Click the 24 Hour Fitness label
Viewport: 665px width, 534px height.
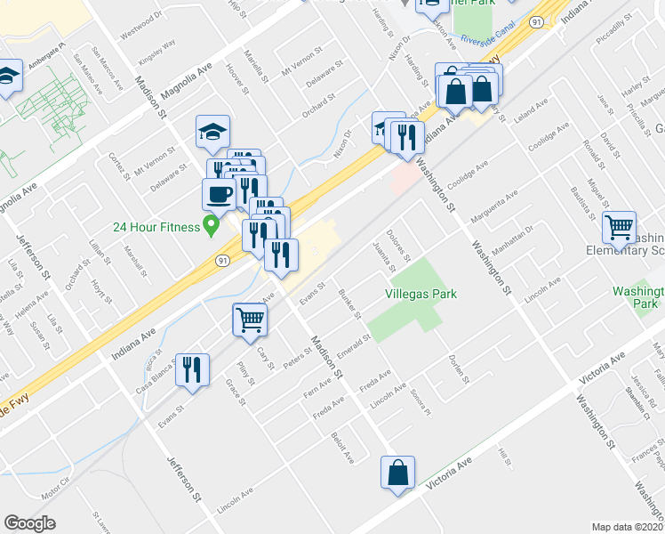coord(156,226)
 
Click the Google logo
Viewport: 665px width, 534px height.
coord(29,522)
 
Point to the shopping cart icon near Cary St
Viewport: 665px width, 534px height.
coord(250,320)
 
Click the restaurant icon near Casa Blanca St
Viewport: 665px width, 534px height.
coord(192,369)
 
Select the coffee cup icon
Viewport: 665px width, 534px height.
coord(219,193)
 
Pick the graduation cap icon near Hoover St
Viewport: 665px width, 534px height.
coord(212,132)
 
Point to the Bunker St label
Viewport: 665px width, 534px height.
coord(349,303)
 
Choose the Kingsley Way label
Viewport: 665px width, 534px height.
coord(157,53)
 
